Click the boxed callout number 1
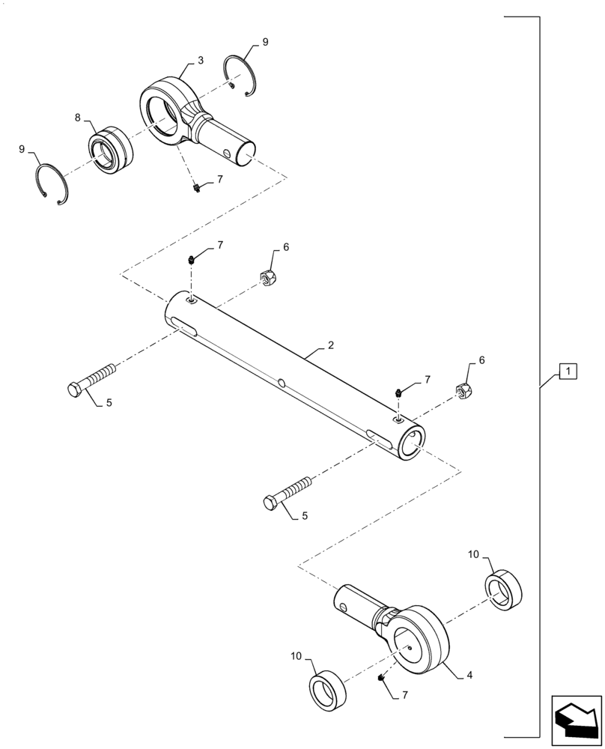[568, 371]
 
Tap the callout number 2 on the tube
[330, 347]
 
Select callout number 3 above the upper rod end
[201, 58]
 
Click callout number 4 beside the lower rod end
[469, 675]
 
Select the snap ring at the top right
[241, 76]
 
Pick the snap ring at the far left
[52, 184]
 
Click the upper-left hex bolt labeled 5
[92, 380]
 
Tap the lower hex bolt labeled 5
[288, 493]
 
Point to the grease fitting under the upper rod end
[196, 187]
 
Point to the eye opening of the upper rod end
[162, 112]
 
